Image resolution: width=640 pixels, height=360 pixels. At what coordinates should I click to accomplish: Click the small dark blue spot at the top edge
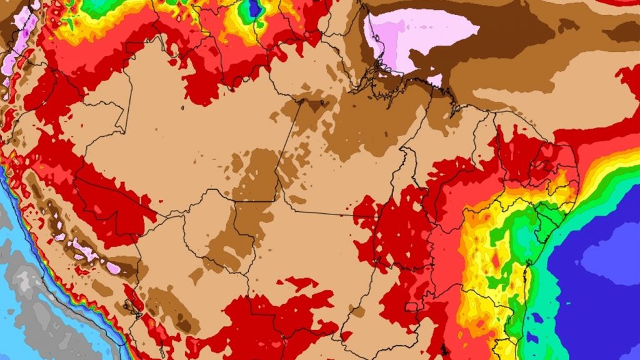(254, 7)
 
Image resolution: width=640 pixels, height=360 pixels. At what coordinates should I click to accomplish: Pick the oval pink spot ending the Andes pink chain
(113, 267)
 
